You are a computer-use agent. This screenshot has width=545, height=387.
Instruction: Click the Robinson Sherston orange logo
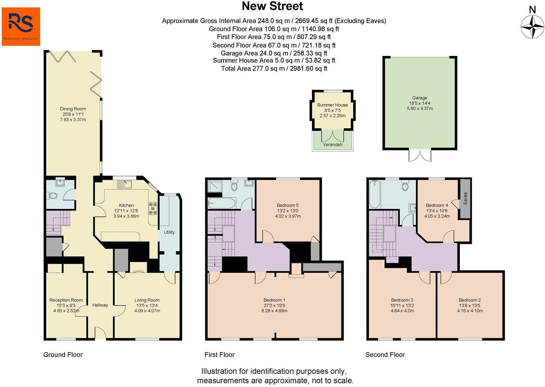click(x=21, y=26)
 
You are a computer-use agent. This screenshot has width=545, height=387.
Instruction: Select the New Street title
click(x=272, y=6)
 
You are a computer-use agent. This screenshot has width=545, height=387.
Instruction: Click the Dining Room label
click(x=73, y=109)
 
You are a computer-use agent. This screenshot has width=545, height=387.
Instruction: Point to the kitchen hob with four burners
click(x=153, y=208)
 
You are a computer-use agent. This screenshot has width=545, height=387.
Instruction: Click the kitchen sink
click(x=124, y=185)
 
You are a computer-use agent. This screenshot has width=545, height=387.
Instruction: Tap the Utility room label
click(x=169, y=232)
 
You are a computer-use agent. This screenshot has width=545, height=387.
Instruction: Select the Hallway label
click(x=100, y=305)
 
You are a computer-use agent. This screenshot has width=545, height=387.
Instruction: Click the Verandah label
click(x=333, y=145)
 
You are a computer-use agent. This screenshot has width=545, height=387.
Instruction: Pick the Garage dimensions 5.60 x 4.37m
click(x=420, y=109)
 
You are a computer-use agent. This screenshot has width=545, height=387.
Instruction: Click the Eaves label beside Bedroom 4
click(x=465, y=198)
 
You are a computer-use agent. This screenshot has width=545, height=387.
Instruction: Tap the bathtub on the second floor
click(x=375, y=194)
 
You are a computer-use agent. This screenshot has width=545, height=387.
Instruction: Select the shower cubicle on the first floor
click(x=215, y=186)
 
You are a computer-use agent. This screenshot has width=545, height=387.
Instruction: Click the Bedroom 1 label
click(x=275, y=300)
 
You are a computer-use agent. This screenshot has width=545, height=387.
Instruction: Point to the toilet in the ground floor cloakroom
click(x=52, y=195)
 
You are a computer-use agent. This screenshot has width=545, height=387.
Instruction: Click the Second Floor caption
click(x=385, y=355)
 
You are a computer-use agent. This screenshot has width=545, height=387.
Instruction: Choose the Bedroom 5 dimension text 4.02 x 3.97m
click(x=288, y=216)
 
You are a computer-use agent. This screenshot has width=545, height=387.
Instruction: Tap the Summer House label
click(x=332, y=105)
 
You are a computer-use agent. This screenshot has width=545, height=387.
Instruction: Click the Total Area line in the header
click(x=274, y=68)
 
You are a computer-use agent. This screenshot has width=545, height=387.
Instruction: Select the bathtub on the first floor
click(x=222, y=203)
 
